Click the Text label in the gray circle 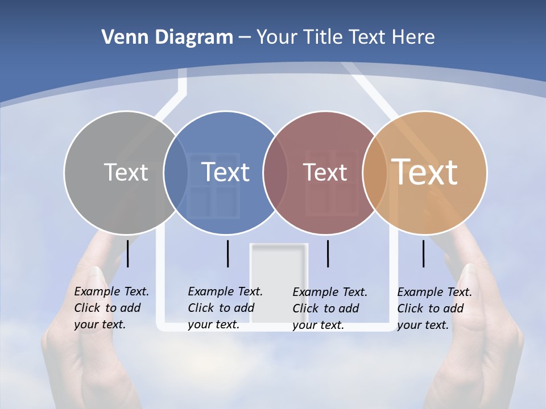coord(126,172)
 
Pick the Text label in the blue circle coord(225,172)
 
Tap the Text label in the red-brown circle coord(325,172)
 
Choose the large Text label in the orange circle coord(425,172)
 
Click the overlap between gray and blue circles coord(176,173)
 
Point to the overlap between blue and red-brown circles coord(275,173)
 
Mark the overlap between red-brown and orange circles coord(375,173)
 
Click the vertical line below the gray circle coord(128,253)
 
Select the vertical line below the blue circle coord(227,253)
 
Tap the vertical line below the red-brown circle coord(328,253)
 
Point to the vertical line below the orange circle coord(424,253)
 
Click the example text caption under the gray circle coord(111,308)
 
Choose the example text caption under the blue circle coord(225,308)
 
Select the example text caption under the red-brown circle coord(329,308)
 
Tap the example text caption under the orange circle coord(434,308)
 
